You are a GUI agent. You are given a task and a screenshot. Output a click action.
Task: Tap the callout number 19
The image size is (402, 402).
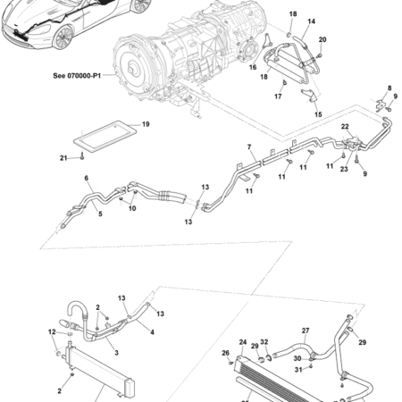click(x=146, y=124)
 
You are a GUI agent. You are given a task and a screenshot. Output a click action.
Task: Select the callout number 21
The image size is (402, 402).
click(x=63, y=158)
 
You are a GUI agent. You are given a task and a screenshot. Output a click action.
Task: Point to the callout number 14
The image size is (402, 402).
click(x=311, y=21)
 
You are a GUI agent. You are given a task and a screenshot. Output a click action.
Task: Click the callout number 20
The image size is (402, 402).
click(x=322, y=40)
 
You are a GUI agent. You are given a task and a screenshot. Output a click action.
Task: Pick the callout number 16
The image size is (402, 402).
click(x=253, y=67)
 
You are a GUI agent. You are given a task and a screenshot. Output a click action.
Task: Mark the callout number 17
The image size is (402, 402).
click(x=278, y=96)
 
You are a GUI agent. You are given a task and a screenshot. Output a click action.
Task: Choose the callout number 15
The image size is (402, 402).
click(x=317, y=114)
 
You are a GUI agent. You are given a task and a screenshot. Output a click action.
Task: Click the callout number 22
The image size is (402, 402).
click(x=345, y=127)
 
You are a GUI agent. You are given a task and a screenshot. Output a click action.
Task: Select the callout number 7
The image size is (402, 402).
click(x=251, y=147)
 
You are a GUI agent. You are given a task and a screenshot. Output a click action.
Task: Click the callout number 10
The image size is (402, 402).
click(x=133, y=209)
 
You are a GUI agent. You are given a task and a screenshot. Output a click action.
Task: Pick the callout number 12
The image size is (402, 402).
click(x=50, y=332)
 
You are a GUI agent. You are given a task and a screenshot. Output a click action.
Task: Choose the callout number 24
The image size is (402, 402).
click(x=242, y=342)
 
